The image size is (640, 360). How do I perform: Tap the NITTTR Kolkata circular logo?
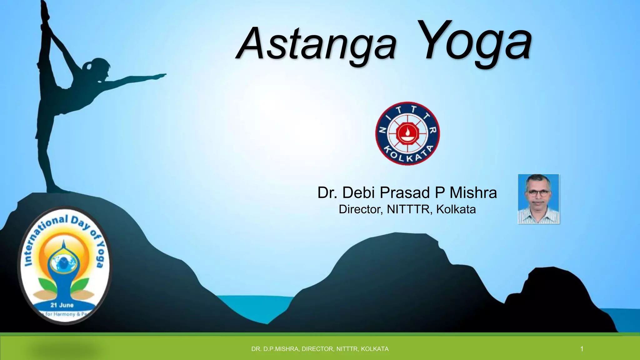point(407,133)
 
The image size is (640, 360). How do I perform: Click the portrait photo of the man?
point(538,199)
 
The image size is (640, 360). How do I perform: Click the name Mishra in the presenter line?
point(473,192)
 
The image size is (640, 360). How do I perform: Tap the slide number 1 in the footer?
point(582,349)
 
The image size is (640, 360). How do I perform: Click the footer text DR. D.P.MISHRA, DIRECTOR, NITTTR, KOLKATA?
point(320,349)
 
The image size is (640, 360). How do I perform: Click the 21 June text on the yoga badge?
point(62,305)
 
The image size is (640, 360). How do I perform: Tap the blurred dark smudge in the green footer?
point(62,349)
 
